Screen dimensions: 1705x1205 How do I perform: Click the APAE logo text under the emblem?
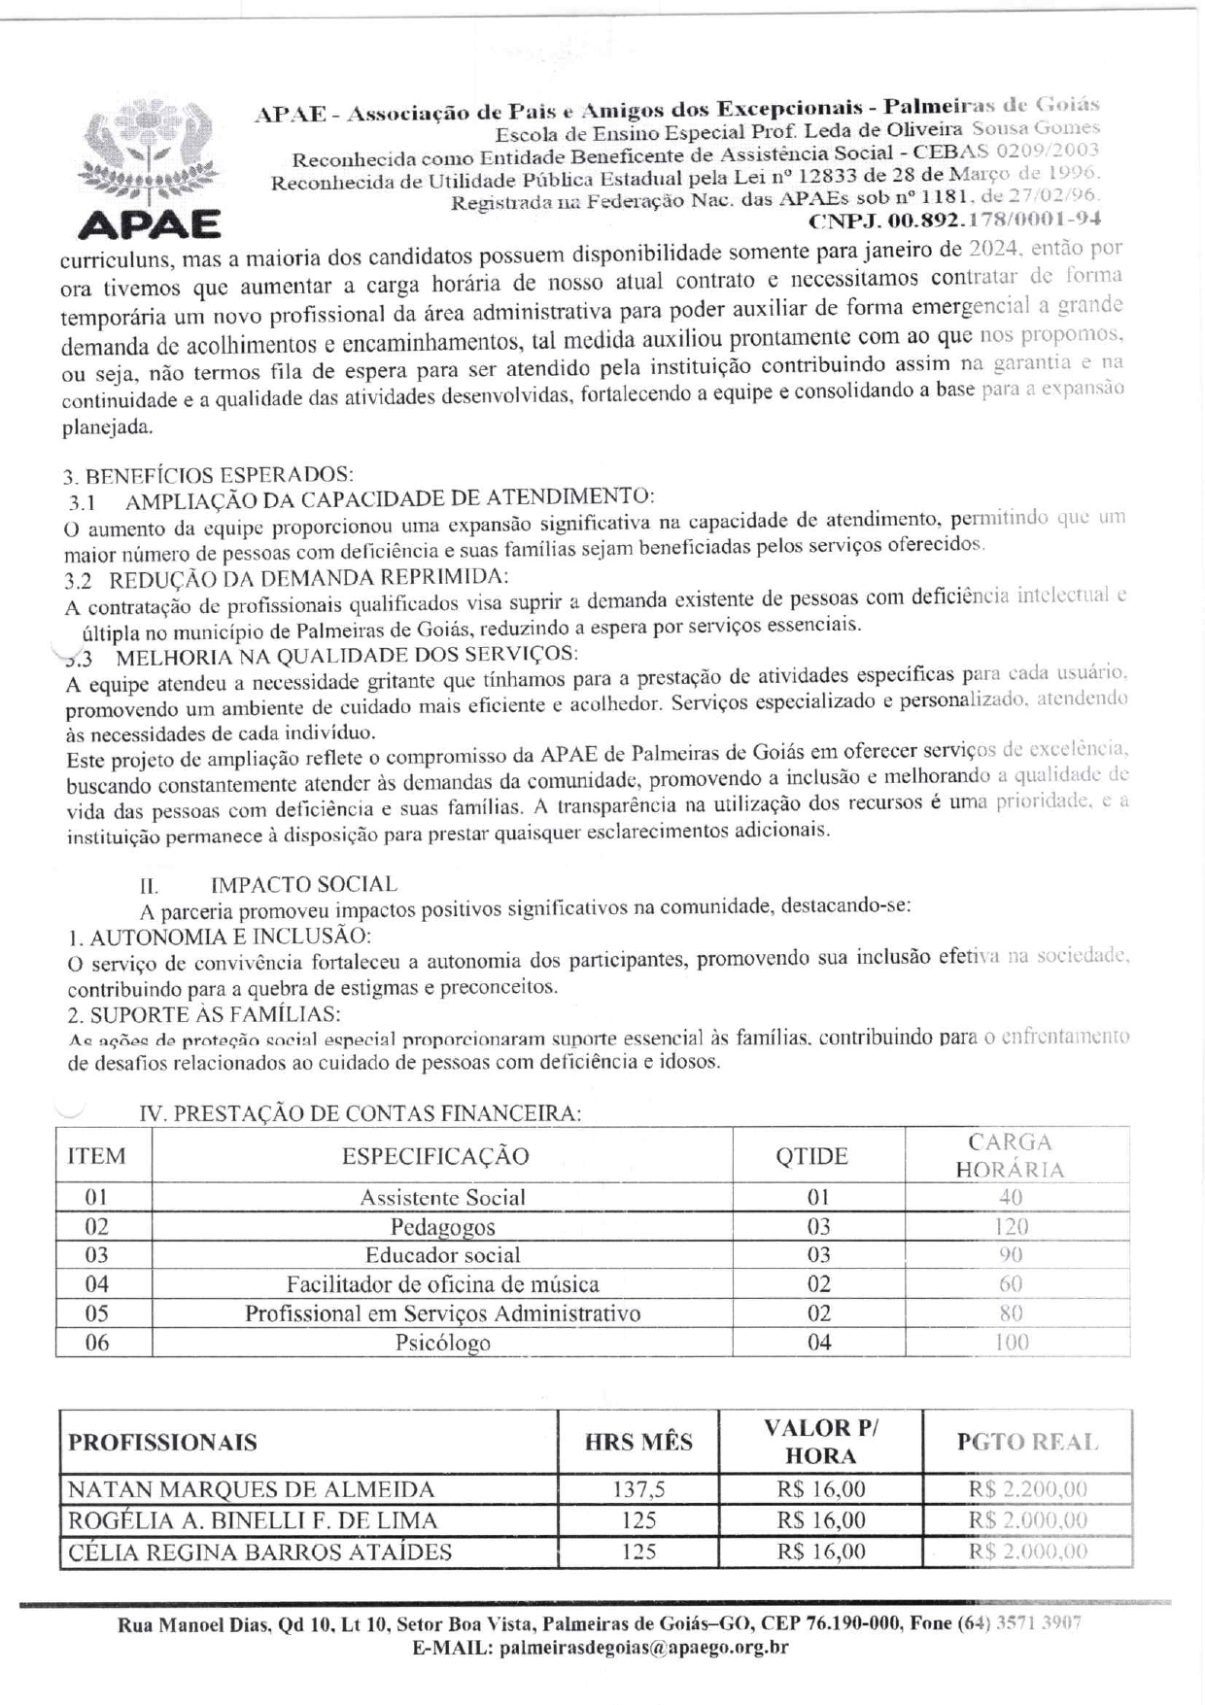(x=149, y=224)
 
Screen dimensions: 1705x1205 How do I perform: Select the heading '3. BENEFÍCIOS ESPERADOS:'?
(x=208, y=475)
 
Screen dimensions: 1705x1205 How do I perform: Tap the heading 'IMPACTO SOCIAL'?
(x=303, y=884)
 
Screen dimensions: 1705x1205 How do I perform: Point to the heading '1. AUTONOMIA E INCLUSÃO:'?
(x=220, y=937)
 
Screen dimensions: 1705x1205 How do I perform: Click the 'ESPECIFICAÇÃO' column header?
(x=435, y=1156)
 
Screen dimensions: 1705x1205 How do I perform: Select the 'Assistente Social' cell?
(x=442, y=1197)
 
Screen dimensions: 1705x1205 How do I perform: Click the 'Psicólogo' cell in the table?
(x=442, y=1343)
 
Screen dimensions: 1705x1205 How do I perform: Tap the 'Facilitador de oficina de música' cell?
(x=442, y=1284)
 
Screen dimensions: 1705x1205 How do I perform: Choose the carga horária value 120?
(x=1011, y=1226)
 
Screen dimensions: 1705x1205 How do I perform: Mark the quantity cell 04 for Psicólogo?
(x=819, y=1343)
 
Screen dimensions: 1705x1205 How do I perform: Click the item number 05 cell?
(x=97, y=1313)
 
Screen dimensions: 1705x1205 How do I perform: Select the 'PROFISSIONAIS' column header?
(x=162, y=1442)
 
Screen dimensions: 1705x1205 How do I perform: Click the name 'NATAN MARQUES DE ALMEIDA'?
(x=251, y=1489)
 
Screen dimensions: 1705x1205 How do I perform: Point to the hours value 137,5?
(x=638, y=1489)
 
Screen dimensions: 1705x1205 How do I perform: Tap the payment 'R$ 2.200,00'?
(x=1027, y=1489)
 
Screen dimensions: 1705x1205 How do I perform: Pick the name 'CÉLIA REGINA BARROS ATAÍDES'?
(x=259, y=1552)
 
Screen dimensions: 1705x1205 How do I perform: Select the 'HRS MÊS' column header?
(x=638, y=1442)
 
